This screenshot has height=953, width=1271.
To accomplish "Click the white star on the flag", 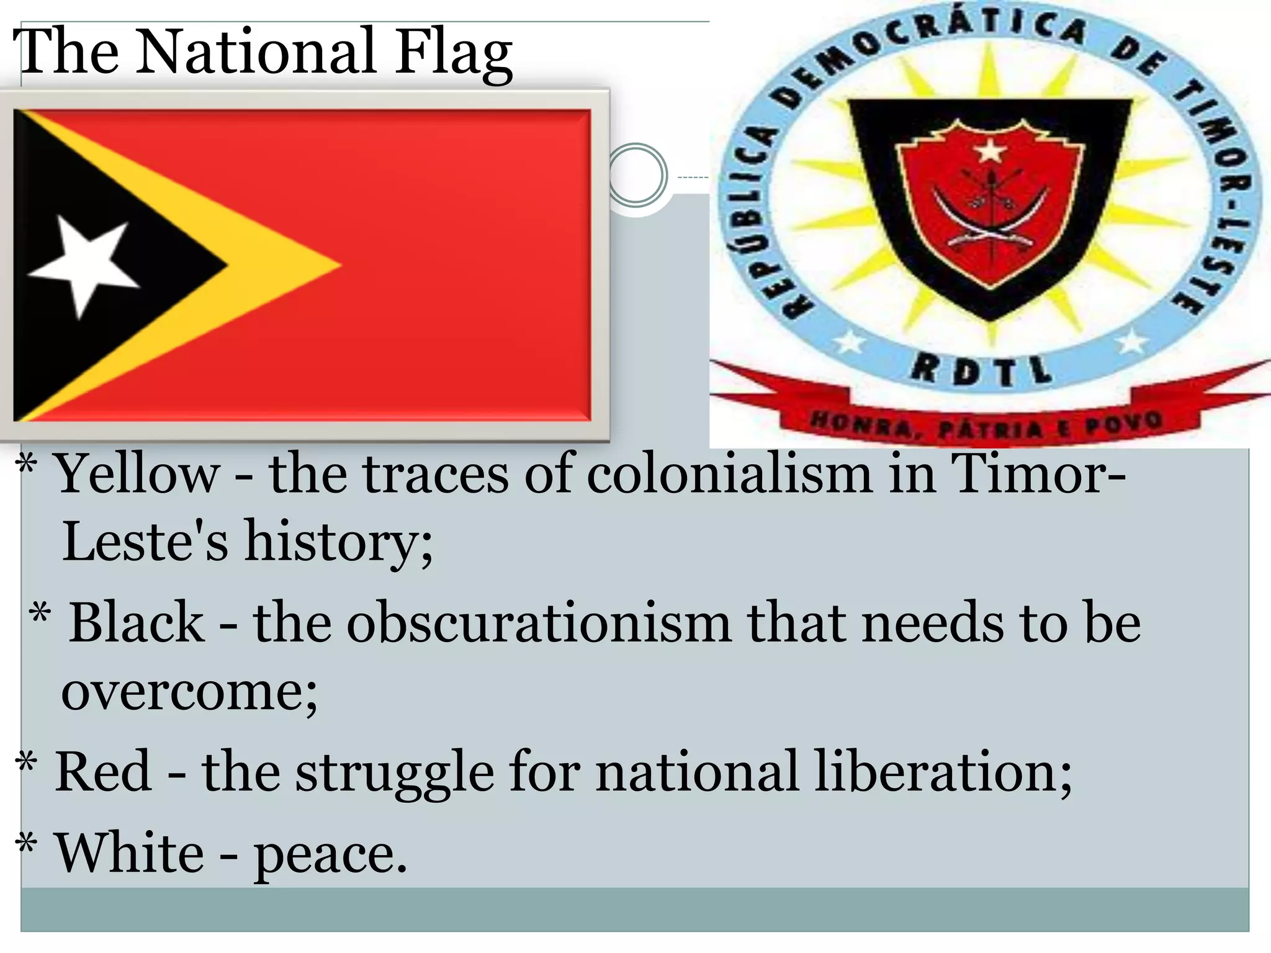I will click(x=83, y=264).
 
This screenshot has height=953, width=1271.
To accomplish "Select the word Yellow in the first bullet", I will click(x=138, y=475).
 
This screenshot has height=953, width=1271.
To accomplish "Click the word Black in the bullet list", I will click(x=136, y=623).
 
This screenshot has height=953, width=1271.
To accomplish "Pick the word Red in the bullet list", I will click(x=103, y=771).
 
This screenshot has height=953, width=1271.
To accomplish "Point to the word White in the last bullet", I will click(x=130, y=853).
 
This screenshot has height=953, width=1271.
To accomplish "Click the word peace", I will click(x=330, y=855).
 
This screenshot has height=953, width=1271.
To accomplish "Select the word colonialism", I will click(x=729, y=475).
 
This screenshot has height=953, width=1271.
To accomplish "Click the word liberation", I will click(x=943, y=771).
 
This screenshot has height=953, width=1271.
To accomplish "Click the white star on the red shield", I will click(x=990, y=151).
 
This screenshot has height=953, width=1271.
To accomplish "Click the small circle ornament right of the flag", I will click(x=637, y=176).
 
